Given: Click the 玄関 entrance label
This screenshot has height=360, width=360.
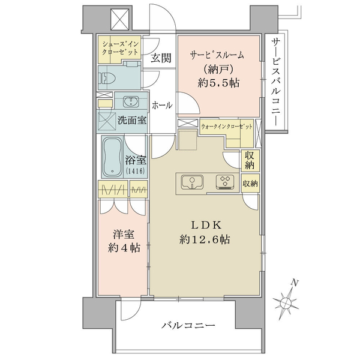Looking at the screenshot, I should [x=161, y=58].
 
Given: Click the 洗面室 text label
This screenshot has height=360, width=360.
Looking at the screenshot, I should [x=131, y=120].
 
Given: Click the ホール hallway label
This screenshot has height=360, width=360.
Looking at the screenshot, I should [x=162, y=105].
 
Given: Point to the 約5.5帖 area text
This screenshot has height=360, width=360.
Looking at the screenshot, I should [x=219, y=83].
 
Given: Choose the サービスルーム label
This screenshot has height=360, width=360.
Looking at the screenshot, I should [x=217, y=55].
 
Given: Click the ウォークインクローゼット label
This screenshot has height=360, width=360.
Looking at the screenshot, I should [x=226, y=127].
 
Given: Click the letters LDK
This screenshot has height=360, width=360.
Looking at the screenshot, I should [x=207, y=225].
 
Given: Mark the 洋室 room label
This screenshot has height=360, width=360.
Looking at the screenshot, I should [x=122, y=233].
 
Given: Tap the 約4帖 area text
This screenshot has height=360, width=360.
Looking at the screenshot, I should [x=122, y=247].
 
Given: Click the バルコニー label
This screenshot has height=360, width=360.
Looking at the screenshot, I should [x=188, y=326].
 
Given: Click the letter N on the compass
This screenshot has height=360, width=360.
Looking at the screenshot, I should [x=294, y=282].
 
